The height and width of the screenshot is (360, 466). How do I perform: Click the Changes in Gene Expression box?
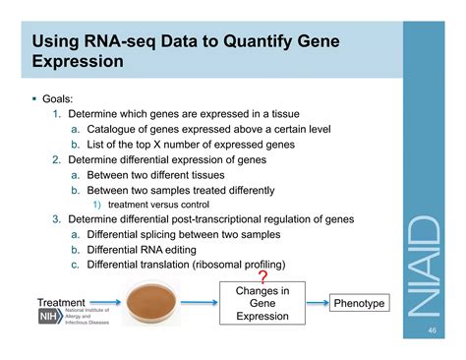pos(262,303)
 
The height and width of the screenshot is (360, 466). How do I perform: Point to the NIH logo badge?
pos(47,318)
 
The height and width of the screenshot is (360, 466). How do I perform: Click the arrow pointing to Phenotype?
pos(313,303)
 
